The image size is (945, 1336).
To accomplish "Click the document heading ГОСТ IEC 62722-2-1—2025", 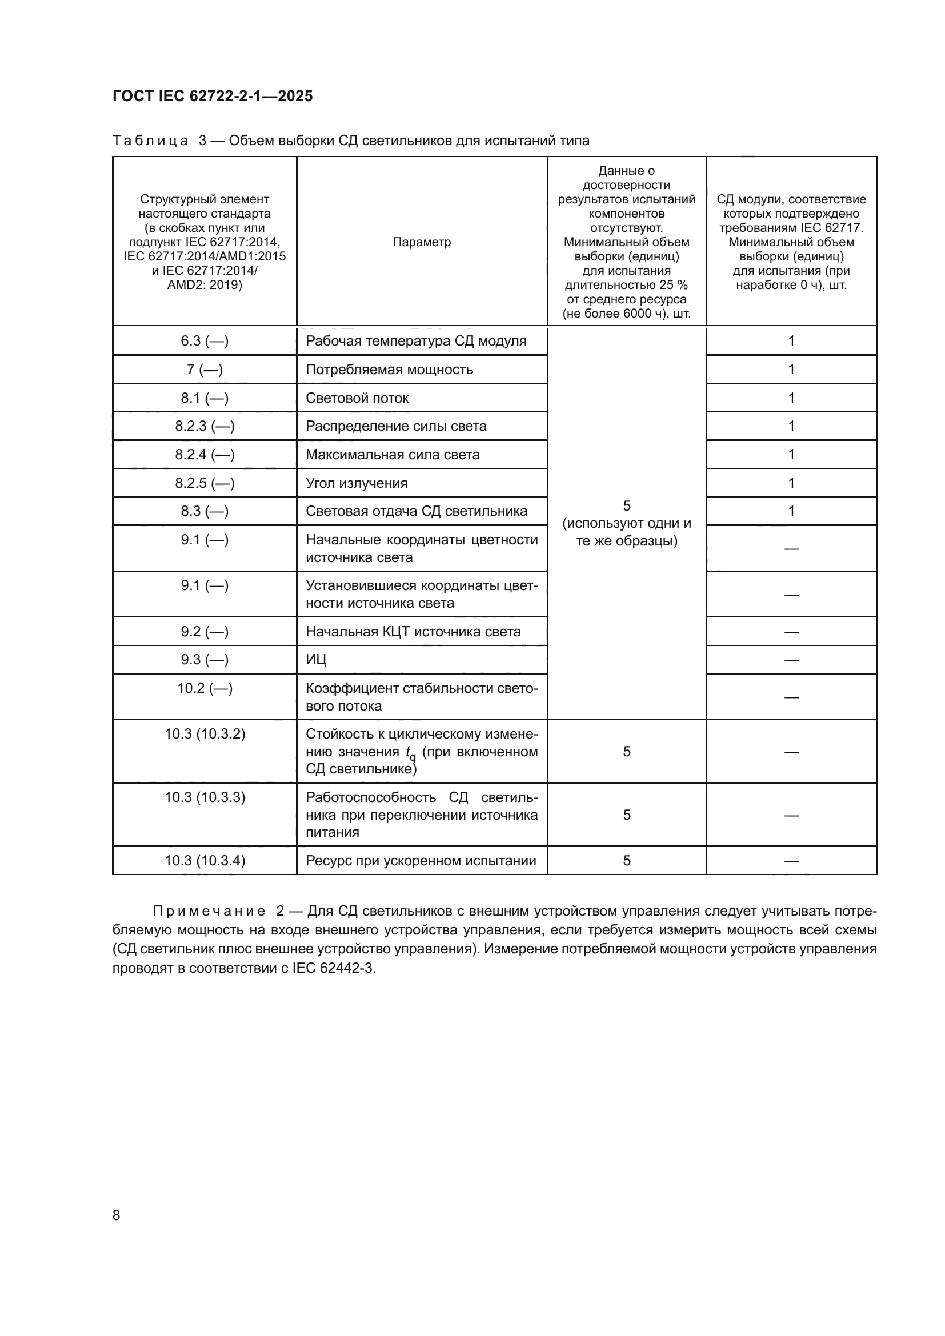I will [213, 96].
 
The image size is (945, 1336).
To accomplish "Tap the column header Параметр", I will [421, 242].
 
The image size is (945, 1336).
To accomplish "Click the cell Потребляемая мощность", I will [389, 370].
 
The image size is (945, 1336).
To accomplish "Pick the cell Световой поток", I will [357, 398].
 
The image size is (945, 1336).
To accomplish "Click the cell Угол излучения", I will [357, 483].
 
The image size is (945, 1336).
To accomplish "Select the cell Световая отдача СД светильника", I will [417, 511].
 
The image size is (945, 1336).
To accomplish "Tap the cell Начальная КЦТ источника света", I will [413, 631].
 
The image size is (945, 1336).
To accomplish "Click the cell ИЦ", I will [316, 660].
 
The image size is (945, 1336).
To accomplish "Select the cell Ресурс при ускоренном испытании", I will [421, 861].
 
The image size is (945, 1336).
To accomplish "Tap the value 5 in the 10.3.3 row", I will [627, 815].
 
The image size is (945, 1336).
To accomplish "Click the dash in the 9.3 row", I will [791, 660].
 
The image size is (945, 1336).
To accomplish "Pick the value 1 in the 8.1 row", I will [791, 398].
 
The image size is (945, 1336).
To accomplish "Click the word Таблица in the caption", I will [150, 141].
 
